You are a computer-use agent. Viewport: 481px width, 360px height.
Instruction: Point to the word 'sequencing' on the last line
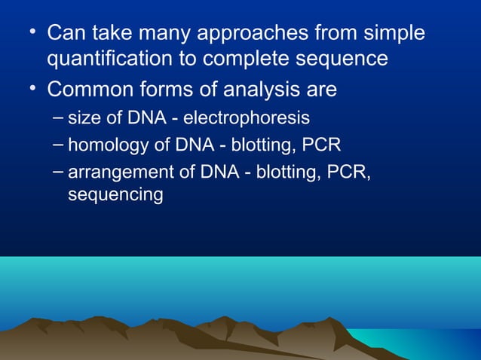click(115, 195)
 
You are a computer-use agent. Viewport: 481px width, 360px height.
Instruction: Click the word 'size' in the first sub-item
click(82, 118)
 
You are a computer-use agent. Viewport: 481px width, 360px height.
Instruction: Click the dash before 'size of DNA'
click(59, 117)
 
